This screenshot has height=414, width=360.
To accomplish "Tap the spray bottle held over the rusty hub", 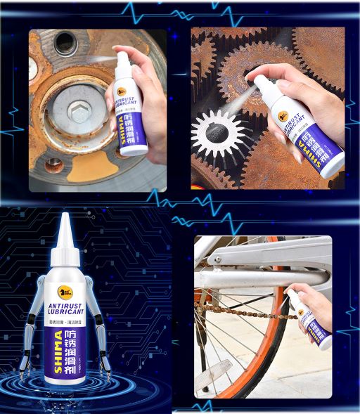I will [x=130, y=105].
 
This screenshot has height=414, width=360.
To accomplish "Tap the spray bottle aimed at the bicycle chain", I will [x=313, y=320].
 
